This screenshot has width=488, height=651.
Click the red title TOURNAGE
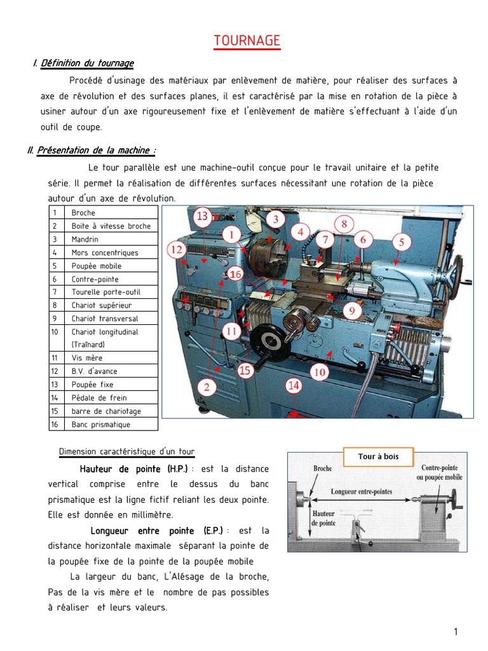pyautogui.click(x=247, y=41)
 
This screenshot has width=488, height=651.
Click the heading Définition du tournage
pyautogui.click(x=87, y=63)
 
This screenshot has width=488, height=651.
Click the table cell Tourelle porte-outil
pyautogui.click(x=105, y=292)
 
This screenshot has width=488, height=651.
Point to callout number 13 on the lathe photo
pyautogui.click(x=202, y=216)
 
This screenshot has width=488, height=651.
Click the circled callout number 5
pyautogui.click(x=402, y=242)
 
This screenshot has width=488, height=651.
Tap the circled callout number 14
pyautogui.click(x=293, y=385)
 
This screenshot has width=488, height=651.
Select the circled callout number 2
pyautogui.click(x=210, y=386)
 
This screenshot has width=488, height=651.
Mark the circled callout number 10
pyautogui.click(x=320, y=372)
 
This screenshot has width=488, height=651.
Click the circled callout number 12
pyautogui.click(x=177, y=250)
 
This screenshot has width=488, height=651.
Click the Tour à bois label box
pyautogui.click(x=379, y=456)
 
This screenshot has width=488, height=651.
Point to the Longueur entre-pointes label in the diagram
pyautogui.click(x=362, y=491)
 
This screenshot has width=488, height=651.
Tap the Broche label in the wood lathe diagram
pyautogui.click(x=323, y=469)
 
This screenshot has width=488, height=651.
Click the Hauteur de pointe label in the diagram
pyautogui.click(x=323, y=517)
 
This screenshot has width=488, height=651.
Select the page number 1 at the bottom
pyautogui.click(x=456, y=631)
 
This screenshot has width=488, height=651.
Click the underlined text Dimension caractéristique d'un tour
pyautogui.click(x=126, y=451)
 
